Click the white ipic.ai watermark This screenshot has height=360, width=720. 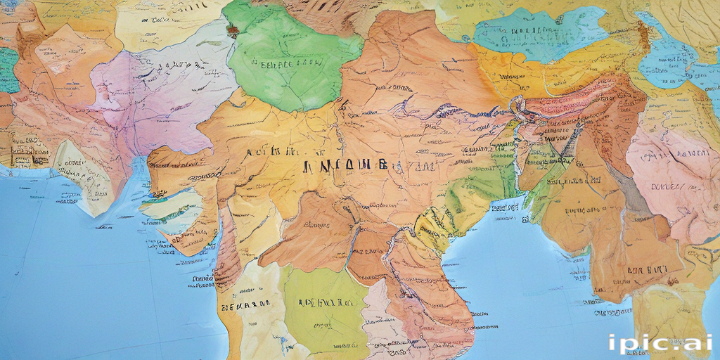point(660,342)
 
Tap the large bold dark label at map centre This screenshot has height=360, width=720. point(345,166)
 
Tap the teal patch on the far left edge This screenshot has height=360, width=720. point(8,70)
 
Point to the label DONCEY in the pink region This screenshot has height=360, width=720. point(668,186)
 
